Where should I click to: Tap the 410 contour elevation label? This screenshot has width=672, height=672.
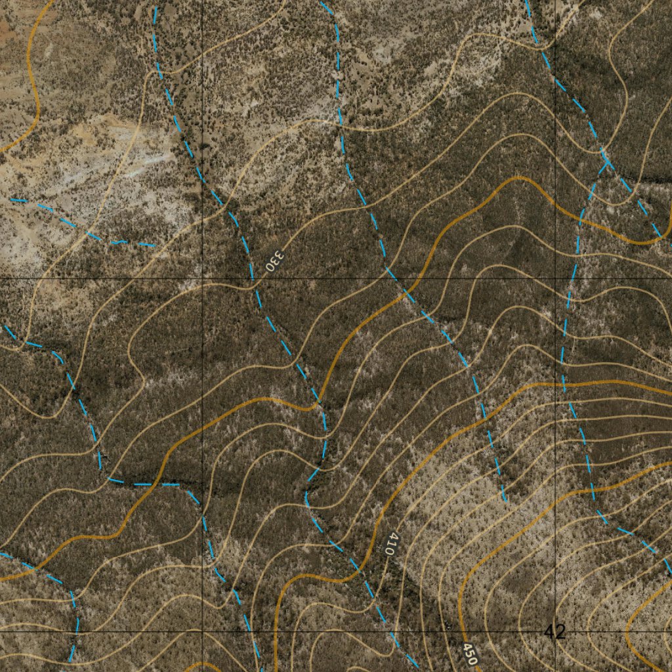(390, 544)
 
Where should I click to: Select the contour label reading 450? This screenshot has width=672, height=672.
(469, 654)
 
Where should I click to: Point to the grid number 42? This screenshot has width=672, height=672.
(555, 632)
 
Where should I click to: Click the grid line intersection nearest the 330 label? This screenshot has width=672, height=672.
(202, 278)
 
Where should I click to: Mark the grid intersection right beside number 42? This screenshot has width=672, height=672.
(555, 632)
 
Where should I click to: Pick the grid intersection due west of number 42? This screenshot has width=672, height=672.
(202, 632)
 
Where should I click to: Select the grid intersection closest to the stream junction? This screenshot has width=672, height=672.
(555, 278)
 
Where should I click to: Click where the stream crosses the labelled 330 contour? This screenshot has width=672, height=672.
(252, 282)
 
